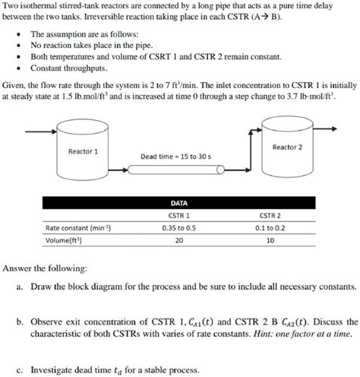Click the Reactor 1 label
[84, 151]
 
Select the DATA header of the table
[179, 203]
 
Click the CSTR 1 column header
[179, 215]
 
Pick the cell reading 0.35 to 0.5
[179, 227]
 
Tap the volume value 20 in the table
[179, 240]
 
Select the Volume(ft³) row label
[64, 240]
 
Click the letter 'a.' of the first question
[19, 288]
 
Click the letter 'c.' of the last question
[19, 370]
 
